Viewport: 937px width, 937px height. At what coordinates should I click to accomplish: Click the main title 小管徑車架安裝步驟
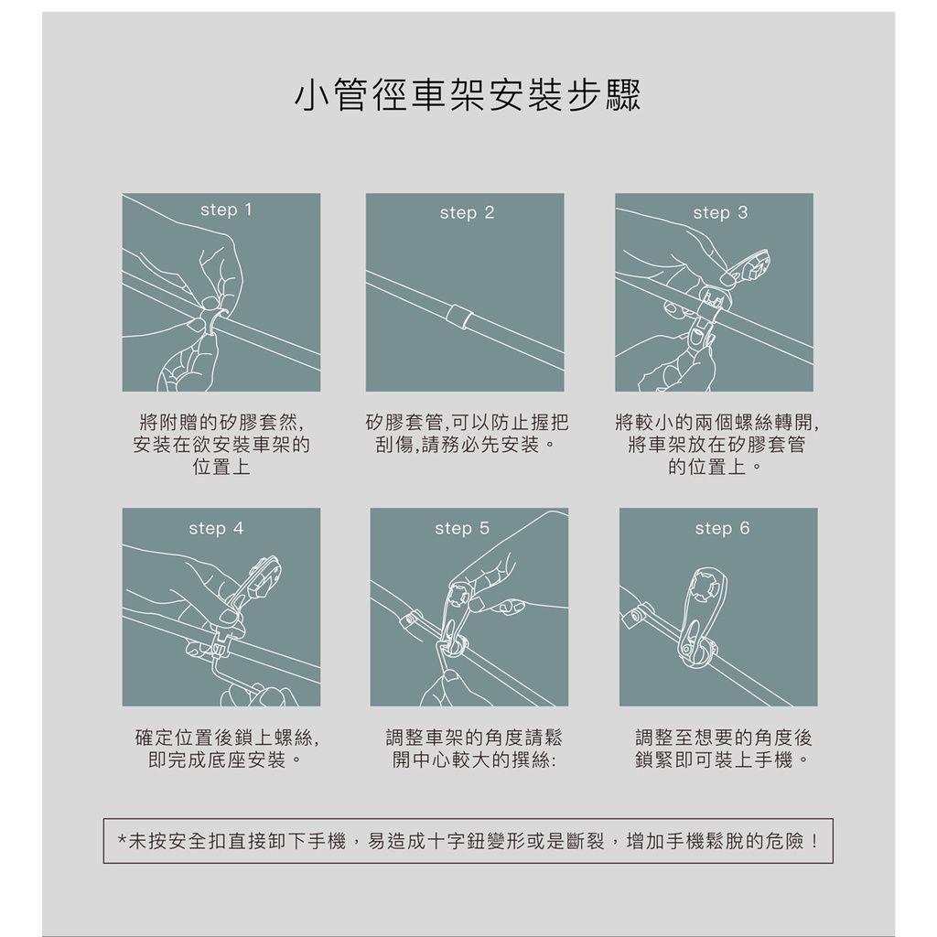coord(468,95)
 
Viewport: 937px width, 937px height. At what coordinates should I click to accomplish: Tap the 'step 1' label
coord(227,210)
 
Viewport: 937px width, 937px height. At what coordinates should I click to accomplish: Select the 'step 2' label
coord(468,212)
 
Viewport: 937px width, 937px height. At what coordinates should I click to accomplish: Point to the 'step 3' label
coord(720,212)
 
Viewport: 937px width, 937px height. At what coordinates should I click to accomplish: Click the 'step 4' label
coord(216,528)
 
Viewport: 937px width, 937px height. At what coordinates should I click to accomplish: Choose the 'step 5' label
coord(462,528)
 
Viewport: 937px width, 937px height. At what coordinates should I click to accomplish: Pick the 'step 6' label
coord(722,528)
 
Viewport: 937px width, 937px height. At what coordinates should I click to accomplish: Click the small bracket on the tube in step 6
coord(636,616)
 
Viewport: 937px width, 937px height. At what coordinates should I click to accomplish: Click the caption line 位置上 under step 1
coord(221,467)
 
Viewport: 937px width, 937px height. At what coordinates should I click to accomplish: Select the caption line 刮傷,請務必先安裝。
coord(466,445)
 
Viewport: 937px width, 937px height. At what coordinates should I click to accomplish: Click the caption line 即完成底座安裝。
coord(225,760)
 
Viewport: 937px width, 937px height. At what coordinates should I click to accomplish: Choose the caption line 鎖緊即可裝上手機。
coord(723,760)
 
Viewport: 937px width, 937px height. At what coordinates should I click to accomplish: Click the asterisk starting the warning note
coord(122,840)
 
